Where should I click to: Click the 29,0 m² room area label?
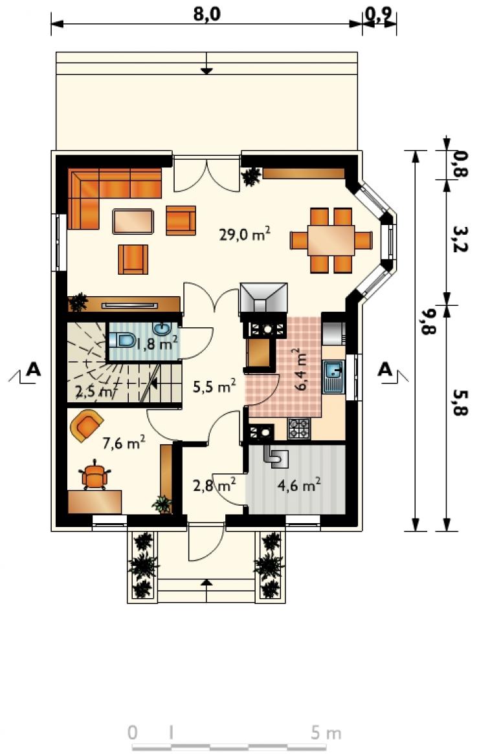tap(245, 235)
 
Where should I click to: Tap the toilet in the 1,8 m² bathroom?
tap(122, 340)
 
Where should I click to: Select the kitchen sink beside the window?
tap(333, 377)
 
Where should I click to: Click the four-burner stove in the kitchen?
tap(299, 427)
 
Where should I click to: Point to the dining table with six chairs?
tap(331, 240)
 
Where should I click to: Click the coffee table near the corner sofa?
tap(133, 221)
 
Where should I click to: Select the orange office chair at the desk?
tap(95, 475)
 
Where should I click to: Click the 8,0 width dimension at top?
tap(206, 14)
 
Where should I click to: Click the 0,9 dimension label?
tap(379, 15)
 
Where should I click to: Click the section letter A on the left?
tap(33, 369)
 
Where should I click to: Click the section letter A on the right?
tap(385, 369)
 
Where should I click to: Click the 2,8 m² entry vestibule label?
tap(214, 485)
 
